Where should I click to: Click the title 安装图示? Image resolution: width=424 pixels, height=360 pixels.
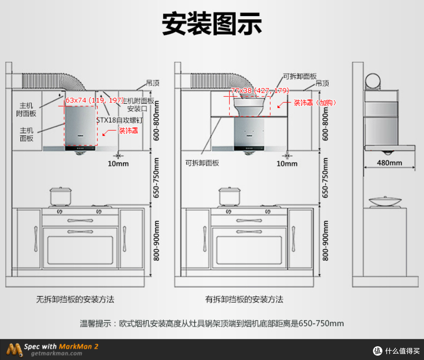[212, 24]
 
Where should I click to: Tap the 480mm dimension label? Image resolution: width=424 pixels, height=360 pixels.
[389, 163]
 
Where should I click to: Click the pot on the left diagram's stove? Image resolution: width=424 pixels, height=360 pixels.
[60, 197]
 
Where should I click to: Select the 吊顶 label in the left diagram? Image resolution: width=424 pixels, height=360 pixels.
[153, 83]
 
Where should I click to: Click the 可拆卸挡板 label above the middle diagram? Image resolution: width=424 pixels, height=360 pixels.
[300, 76]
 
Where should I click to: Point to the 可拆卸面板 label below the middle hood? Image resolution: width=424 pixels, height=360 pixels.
[202, 163]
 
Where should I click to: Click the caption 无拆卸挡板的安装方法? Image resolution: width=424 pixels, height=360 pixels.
[75, 299]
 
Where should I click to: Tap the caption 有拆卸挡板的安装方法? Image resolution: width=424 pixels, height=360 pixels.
[244, 299]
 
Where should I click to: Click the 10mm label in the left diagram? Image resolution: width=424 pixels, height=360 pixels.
[118, 163]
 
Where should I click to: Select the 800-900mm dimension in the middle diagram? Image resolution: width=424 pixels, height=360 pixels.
[325, 241]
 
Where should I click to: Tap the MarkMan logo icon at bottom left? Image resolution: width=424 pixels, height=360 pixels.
[14, 349]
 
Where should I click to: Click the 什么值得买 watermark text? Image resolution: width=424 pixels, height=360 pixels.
[402, 351]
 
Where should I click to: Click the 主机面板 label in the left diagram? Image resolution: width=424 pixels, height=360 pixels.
[27, 134]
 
